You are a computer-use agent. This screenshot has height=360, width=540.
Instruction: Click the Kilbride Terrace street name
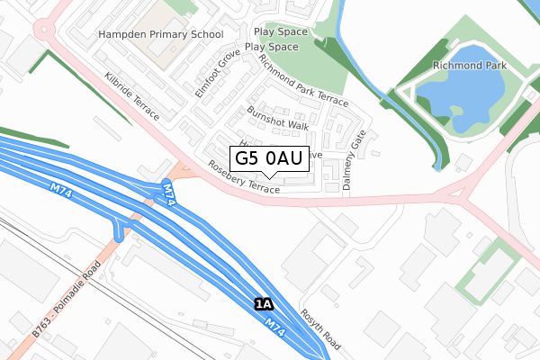[131, 97]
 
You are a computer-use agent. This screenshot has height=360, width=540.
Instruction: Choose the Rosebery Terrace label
[244, 176]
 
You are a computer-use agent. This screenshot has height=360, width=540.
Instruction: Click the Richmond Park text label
[469, 66]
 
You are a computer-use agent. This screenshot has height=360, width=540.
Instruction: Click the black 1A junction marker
[263, 304]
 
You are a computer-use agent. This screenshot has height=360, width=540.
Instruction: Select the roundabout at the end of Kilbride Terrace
[46, 30]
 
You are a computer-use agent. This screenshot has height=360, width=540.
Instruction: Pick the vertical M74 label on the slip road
[168, 194]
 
